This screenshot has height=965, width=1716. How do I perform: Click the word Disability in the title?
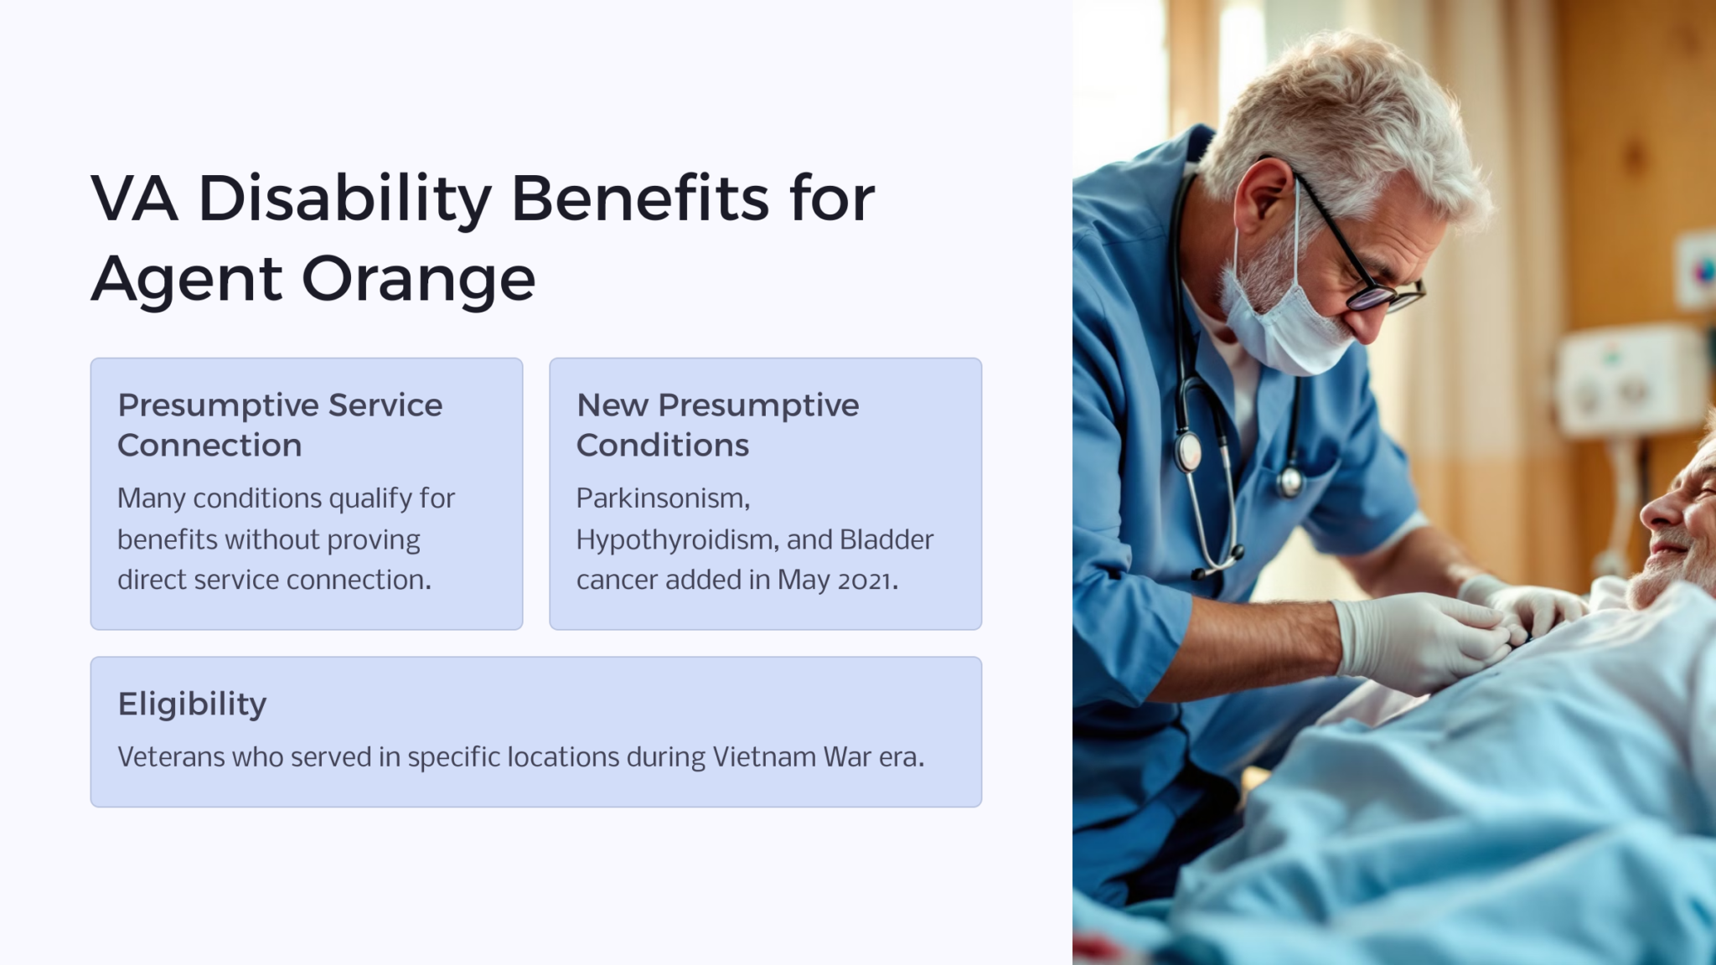click(345, 199)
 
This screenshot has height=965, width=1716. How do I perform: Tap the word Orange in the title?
click(418, 279)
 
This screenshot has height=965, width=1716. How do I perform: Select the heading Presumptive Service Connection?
click(280, 425)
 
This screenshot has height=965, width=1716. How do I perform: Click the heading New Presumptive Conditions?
click(717, 425)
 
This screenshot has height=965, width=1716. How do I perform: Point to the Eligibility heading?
click(192, 704)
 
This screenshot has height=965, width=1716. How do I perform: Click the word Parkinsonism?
click(663, 498)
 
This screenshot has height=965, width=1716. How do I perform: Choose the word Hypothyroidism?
click(676, 540)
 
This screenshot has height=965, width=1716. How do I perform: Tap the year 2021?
click(868, 581)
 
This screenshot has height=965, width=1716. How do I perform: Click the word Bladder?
click(886, 539)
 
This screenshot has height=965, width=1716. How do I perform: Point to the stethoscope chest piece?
click(1188, 452)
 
